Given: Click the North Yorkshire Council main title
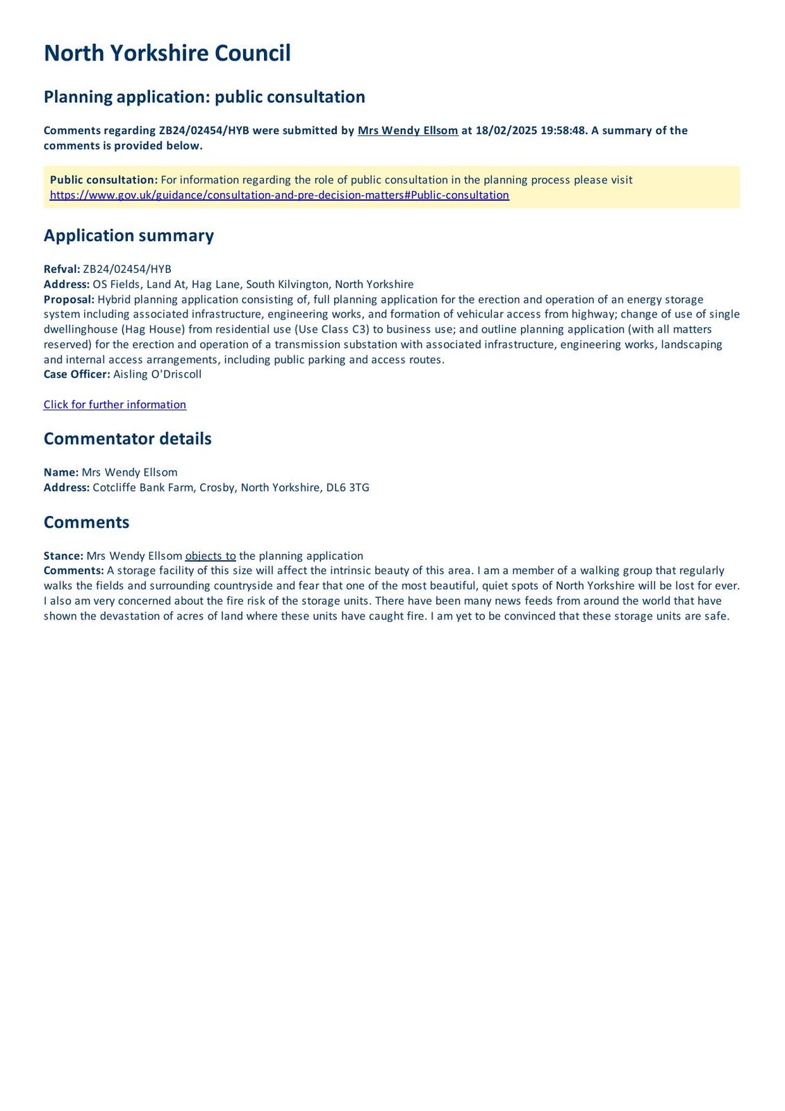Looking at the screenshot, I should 167,53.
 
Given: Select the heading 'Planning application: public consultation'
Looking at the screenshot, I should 204,97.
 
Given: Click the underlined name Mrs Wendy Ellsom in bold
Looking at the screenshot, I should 408,131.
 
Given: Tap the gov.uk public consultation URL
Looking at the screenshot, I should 279,195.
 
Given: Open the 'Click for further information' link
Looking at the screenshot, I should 115,405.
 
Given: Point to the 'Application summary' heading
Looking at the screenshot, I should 129,235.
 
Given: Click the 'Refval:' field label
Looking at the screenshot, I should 62,269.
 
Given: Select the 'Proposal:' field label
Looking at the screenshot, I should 69,299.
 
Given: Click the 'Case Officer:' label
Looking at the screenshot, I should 76,374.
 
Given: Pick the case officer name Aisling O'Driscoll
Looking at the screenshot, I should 158,374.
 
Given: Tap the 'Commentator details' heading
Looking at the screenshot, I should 127,439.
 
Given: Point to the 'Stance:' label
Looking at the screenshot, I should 63,555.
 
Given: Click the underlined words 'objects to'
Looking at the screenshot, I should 210,555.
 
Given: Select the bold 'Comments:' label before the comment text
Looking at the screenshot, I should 74,571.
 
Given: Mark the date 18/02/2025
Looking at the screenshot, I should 506,131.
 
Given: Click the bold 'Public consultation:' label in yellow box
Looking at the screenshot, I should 104,180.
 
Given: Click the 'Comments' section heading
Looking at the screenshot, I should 86,522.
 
